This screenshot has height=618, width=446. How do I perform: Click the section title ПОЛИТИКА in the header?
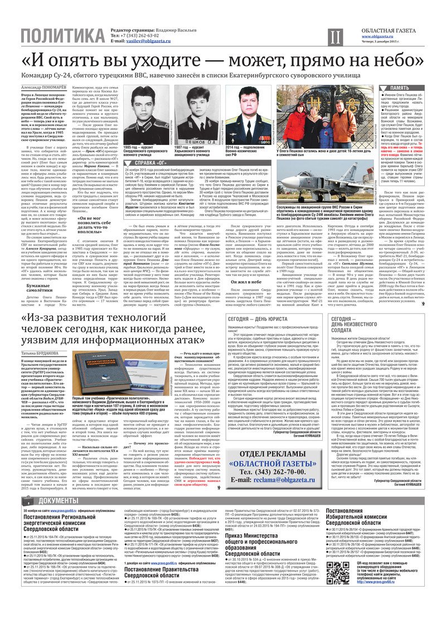point(62,37)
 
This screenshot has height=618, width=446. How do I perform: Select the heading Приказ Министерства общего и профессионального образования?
point(267,532)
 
